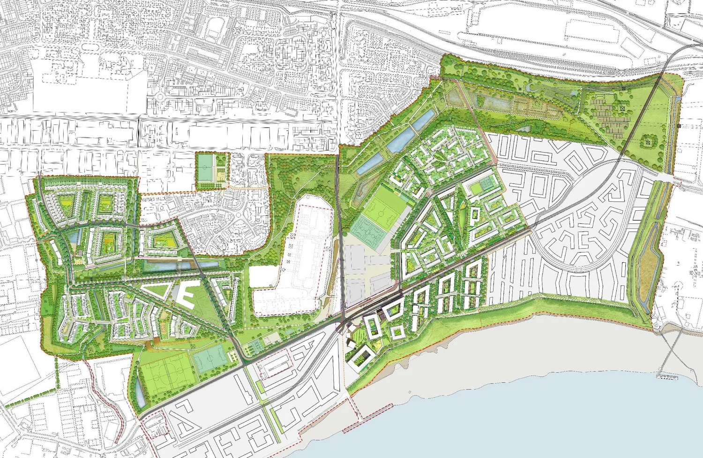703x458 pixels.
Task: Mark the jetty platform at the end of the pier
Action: tap(667, 375)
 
